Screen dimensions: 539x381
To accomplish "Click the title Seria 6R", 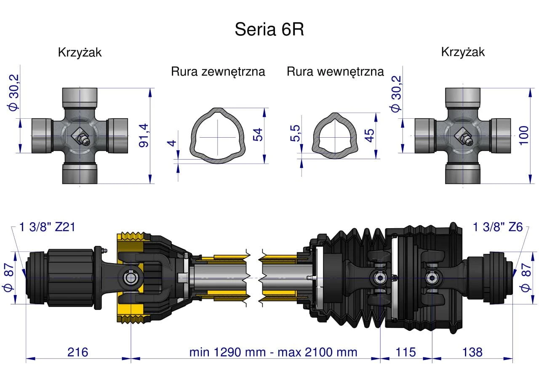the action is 269,29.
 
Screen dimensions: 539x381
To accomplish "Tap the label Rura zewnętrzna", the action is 218,72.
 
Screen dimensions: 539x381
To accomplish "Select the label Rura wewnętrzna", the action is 335,72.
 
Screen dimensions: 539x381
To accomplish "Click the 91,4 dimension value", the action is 144,136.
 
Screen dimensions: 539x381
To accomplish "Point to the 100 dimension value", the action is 524,136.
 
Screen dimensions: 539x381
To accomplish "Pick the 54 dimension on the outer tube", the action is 257,135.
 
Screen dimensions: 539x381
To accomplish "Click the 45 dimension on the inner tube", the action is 369,136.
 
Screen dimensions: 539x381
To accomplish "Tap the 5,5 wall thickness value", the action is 295,133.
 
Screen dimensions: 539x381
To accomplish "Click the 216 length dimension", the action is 78,352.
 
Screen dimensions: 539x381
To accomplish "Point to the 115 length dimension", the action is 406,352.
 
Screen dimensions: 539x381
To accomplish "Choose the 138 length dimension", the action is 472,352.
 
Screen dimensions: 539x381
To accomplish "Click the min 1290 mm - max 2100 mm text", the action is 273,352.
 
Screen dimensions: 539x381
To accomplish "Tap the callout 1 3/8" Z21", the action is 47,227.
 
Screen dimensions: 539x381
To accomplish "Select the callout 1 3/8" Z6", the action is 498,227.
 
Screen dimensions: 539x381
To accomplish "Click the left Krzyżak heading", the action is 80,53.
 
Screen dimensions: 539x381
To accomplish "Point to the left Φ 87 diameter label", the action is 9,277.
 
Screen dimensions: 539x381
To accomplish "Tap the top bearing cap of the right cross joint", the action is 463,98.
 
